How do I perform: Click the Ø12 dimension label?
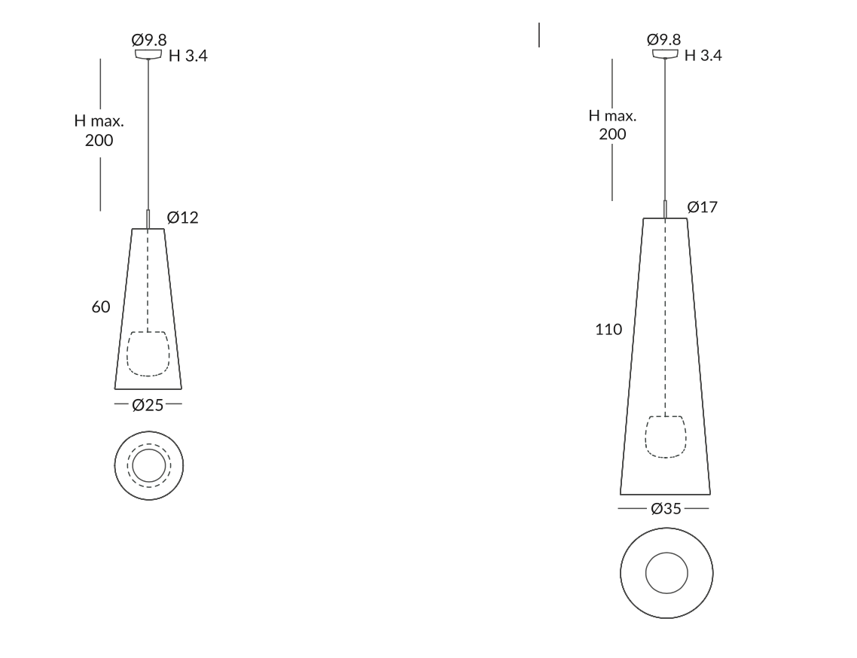[182, 218]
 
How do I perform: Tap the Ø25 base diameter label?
[148, 405]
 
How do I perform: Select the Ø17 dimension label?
[703, 207]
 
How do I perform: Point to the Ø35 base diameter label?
[666, 509]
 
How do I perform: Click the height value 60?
[101, 307]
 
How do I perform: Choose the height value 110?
[608, 330]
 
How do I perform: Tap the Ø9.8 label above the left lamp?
[148, 40]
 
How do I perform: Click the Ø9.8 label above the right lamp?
[663, 39]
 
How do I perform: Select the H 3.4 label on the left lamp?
[188, 56]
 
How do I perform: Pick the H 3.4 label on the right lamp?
[703, 55]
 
